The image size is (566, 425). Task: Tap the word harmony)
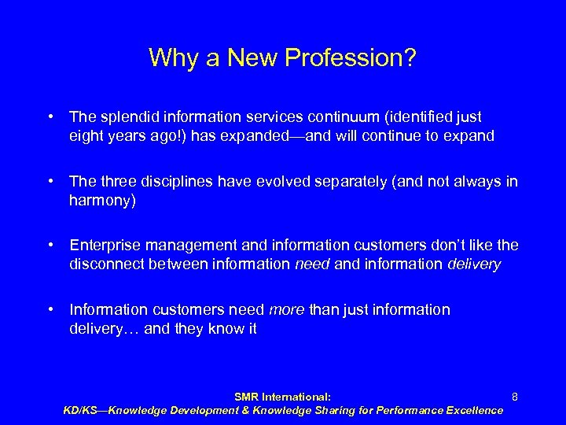(x=103, y=201)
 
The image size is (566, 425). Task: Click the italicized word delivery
(x=474, y=264)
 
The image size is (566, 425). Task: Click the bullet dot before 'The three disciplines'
(x=50, y=183)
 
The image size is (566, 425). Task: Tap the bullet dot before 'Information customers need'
(x=50, y=309)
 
